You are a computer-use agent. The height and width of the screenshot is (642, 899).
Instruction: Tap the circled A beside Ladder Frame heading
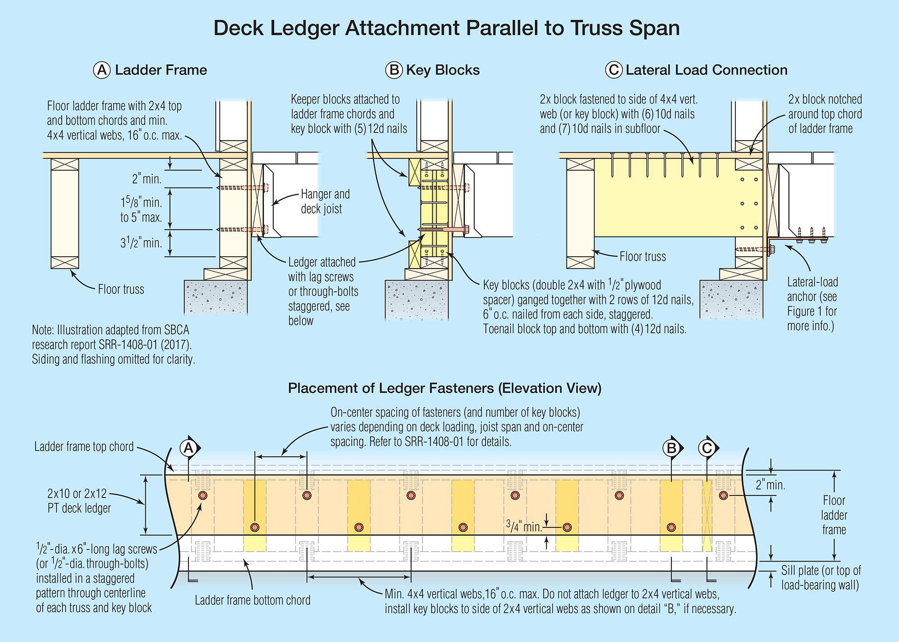[x=102, y=70]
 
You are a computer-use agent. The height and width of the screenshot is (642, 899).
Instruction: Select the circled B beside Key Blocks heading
[x=394, y=70]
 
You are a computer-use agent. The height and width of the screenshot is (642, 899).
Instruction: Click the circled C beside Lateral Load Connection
[x=613, y=70]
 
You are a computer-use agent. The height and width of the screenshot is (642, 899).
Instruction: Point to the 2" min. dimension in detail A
[x=147, y=179]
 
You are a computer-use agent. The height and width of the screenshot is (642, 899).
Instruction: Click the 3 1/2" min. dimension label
[x=141, y=243]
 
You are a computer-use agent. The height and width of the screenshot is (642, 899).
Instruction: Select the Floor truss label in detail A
[x=121, y=289]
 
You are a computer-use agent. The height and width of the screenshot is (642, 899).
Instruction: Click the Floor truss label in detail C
[x=642, y=257]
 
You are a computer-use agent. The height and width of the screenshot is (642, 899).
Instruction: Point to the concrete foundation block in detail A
[x=216, y=297]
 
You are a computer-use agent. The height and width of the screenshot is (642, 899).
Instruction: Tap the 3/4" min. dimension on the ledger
[x=524, y=526]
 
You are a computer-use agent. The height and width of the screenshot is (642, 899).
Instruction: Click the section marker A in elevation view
[x=189, y=448]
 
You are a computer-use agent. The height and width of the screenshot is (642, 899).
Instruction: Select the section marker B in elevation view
[x=671, y=448]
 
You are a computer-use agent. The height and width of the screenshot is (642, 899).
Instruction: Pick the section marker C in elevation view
[x=707, y=448]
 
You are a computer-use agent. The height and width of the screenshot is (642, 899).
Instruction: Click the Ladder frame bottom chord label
[x=252, y=600]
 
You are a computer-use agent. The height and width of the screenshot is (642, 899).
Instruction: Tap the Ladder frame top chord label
[x=84, y=446]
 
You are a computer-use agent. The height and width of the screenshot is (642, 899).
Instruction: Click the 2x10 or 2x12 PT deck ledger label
[x=79, y=501]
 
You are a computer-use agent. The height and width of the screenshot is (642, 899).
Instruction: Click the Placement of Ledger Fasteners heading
[x=444, y=388]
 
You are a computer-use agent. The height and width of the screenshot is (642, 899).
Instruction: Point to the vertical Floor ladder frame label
[x=834, y=515]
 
